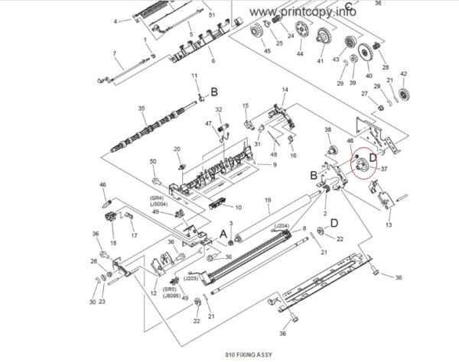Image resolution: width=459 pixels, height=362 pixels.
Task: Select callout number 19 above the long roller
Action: (268, 201)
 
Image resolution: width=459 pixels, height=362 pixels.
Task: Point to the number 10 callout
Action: (238, 207)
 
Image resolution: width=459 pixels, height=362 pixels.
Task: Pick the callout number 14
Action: (285, 90)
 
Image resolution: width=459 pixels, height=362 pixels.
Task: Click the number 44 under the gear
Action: (300, 55)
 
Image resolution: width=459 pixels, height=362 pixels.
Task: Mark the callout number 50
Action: (153, 161)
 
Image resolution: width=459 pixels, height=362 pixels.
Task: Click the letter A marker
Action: (222, 231)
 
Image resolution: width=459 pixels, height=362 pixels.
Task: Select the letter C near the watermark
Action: (348, 8)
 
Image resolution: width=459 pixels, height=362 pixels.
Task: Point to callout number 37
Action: (384, 170)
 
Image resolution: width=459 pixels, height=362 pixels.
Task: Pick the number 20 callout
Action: (177, 149)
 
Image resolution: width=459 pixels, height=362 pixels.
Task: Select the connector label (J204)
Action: (281, 226)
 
